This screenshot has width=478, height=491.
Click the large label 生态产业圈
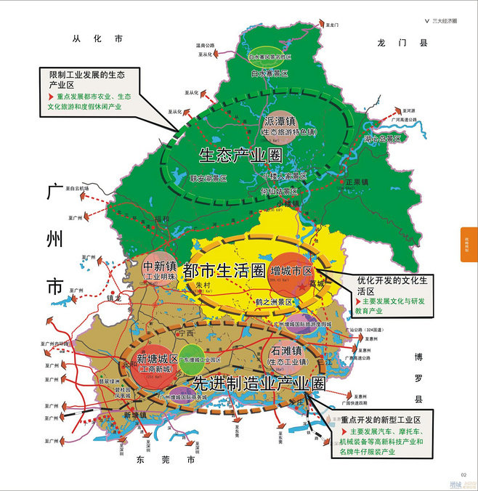pos(239,155)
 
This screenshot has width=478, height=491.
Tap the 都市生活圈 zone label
pos(223,271)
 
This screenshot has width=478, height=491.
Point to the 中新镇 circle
pos(161,270)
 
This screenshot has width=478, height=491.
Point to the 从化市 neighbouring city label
pos(98,39)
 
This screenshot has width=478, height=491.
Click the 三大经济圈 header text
pos(445,21)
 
